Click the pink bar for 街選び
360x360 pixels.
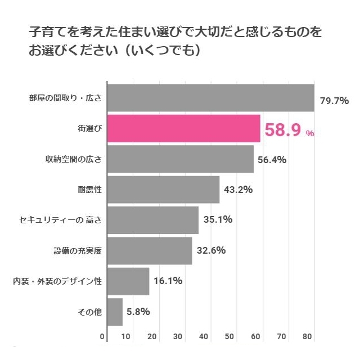pos(183,128)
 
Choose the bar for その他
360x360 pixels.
pos(115,312)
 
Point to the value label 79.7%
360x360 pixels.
pos(334,101)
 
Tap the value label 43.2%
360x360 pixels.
pos(238,190)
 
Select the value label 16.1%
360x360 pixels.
pos(168,281)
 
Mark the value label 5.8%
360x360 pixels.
pos(138,312)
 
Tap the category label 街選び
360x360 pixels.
pos(90,128)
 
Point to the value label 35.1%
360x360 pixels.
pos(218,220)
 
